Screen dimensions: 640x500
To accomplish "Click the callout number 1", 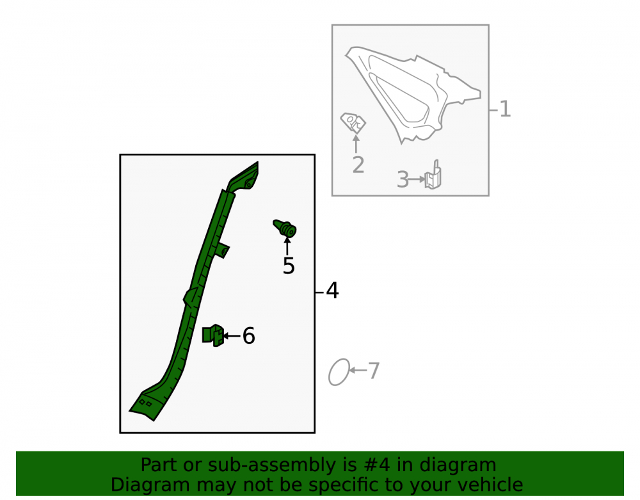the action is [x=505, y=109].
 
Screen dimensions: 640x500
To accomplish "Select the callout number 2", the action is [x=358, y=165].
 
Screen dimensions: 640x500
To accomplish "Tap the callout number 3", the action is [x=403, y=180].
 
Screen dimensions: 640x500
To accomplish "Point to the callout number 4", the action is [x=332, y=291].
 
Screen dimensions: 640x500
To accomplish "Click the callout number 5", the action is [x=289, y=266].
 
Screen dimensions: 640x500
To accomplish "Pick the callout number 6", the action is [x=248, y=336].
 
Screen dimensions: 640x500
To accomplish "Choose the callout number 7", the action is [x=374, y=371].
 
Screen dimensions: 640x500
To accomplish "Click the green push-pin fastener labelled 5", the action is [x=285, y=228].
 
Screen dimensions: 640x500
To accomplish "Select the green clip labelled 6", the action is [x=213, y=335].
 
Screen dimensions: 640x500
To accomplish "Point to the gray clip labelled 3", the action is [x=433, y=175].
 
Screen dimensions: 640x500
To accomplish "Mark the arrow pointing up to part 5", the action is [x=287, y=246].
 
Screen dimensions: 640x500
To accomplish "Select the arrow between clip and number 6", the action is [x=232, y=336].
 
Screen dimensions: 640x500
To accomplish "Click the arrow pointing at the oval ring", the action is [x=358, y=370].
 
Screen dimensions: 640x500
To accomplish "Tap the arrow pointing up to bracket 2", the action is [x=356, y=144].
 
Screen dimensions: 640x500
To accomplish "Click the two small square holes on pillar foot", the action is [x=146, y=403].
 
